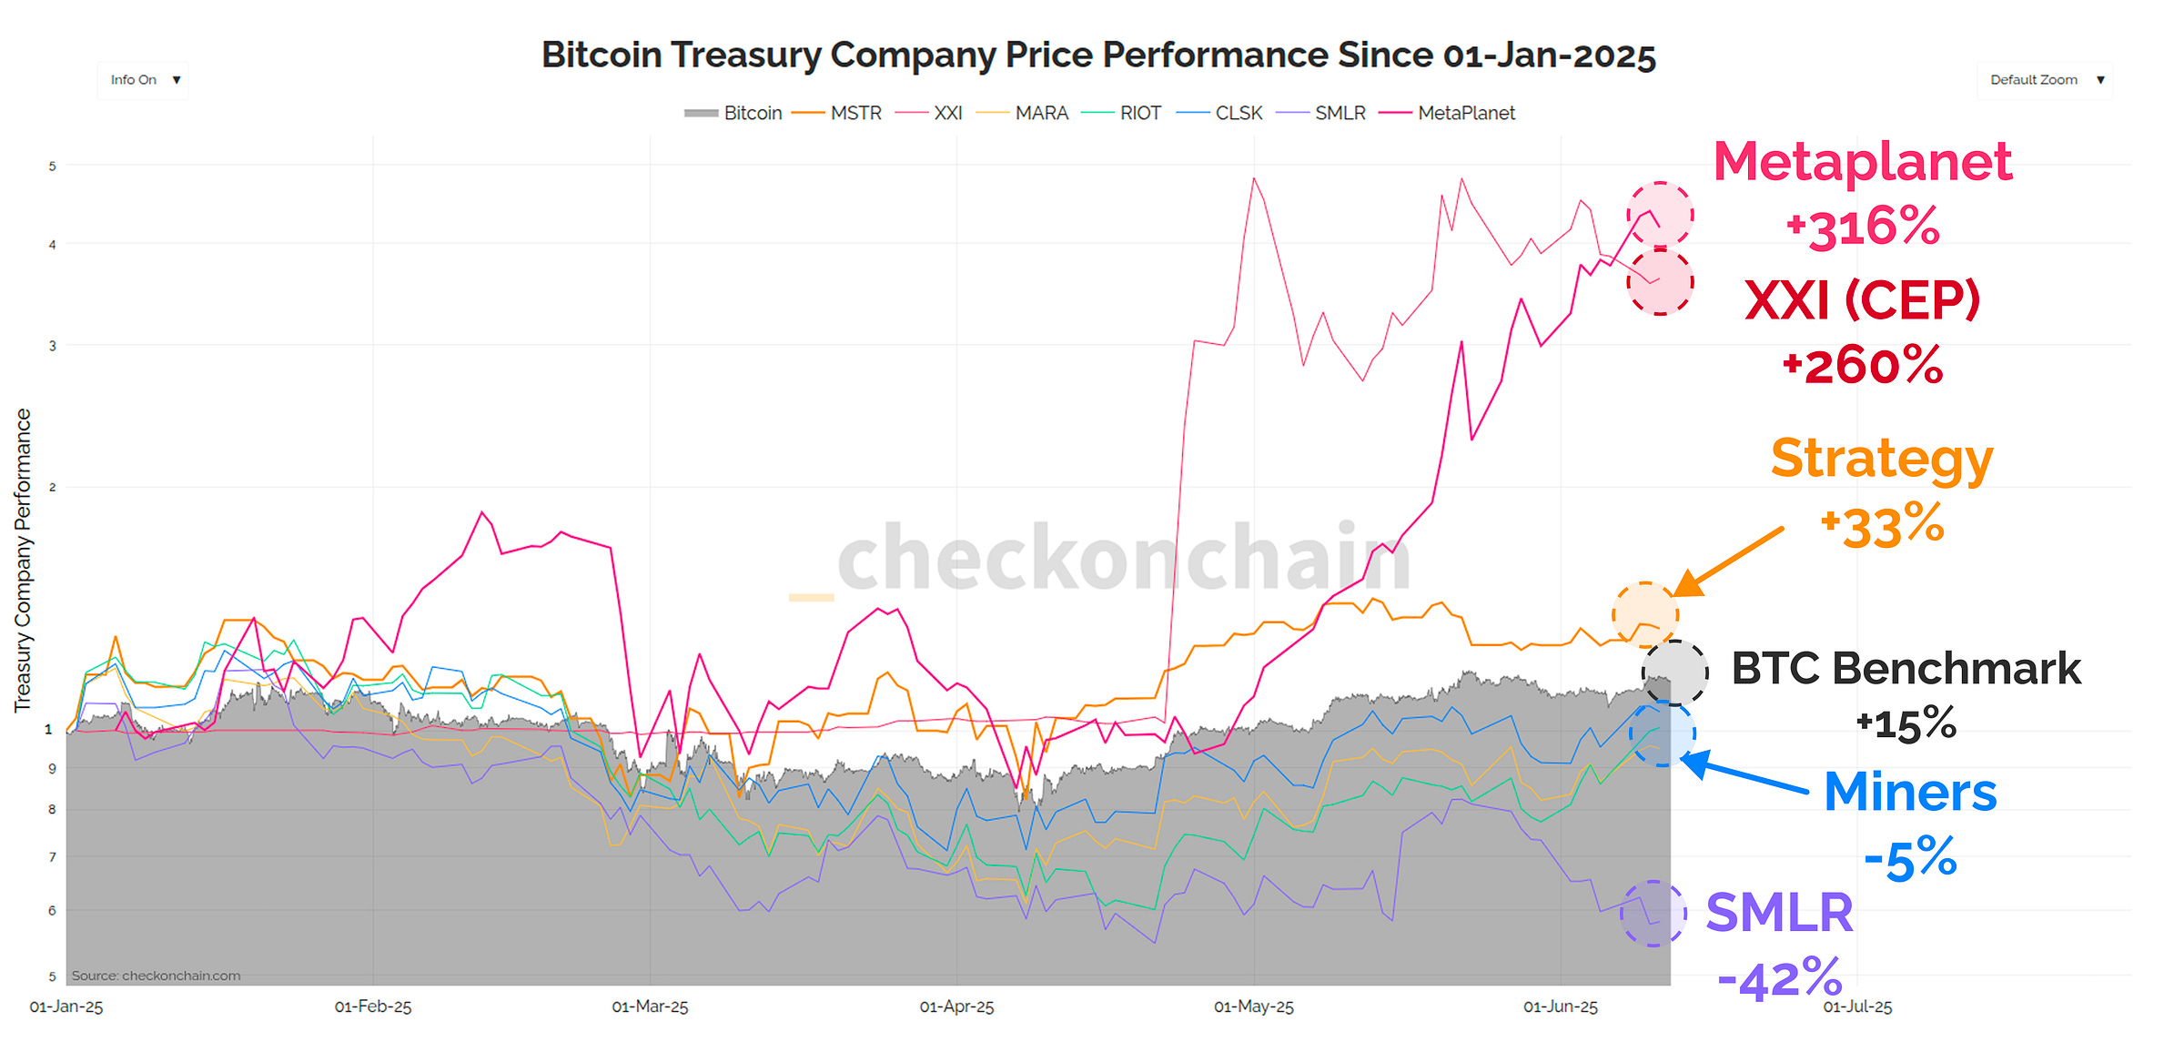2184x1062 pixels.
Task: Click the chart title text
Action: click(x=1098, y=56)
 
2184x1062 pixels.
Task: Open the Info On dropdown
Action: click(x=143, y=80)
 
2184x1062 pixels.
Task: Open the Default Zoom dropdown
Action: click(x=2044, y=80)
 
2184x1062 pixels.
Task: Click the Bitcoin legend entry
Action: click(x=733, y=113)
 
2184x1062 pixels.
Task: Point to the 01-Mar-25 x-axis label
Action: click(x=650, y=1006)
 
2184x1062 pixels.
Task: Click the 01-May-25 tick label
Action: click(x=1253, y=1006)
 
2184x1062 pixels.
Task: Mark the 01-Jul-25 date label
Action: click(x=1857, y=1006)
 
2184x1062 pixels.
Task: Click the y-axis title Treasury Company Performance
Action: click(x=23, y=560)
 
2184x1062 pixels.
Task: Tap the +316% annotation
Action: click(x=1863, y=228)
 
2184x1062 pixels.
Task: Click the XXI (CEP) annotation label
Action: click(x=1862, y=300)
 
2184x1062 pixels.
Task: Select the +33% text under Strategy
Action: click(x=1882, y=526)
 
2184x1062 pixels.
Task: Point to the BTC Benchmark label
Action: click(x=1905, y=669)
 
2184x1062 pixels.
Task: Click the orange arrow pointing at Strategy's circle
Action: click(x=1729, y=561)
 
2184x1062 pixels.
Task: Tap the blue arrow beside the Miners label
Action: click(x=1743, y=773)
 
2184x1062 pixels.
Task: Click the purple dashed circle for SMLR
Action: click(x=1653, y=914)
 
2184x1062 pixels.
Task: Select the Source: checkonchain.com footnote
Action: click(x=156, y=976)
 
